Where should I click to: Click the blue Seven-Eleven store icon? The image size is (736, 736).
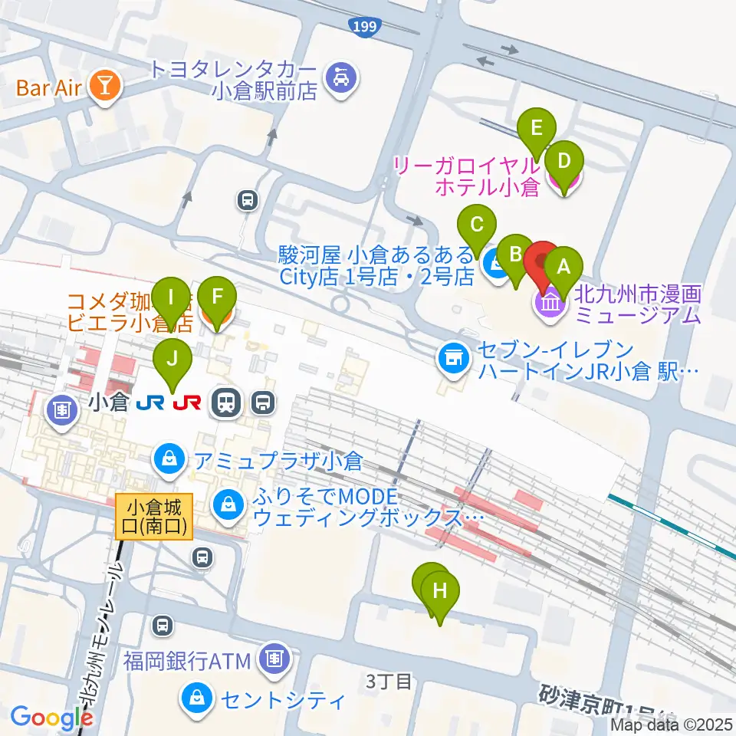(x=453, y=356)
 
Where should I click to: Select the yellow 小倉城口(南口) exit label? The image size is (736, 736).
(x=154, y=517)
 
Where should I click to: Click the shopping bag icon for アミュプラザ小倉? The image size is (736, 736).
(x=166, y=460)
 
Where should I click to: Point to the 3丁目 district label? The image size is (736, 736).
(x=389, y=680)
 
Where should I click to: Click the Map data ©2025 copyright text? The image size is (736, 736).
(x=672, y=724)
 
